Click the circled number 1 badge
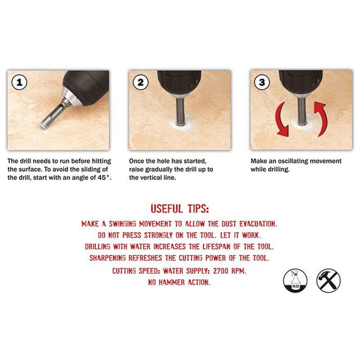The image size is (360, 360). [x=20, y=82]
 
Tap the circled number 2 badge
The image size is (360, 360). [x=142, y=82]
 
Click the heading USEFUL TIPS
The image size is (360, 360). [x=179, y=208]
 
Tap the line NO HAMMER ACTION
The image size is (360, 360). [x=180, y=282]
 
